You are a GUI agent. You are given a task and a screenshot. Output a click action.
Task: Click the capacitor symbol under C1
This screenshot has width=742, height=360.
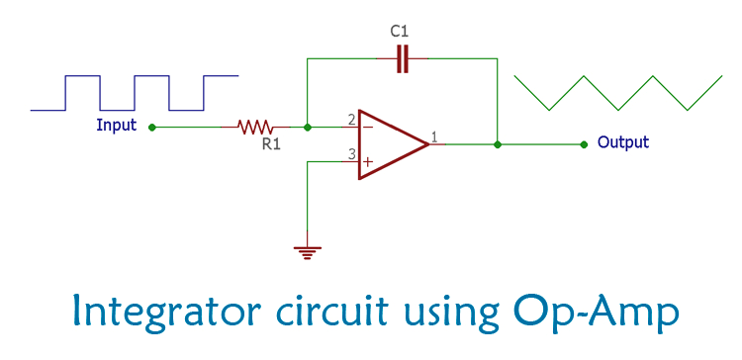coord(401,59)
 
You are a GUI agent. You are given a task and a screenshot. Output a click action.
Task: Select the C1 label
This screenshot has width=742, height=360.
coord(400,32)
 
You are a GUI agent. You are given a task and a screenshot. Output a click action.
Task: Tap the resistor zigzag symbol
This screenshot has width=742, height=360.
coord(256,127)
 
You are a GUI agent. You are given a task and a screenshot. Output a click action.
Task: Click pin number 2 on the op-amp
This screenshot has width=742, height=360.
coord(351,120)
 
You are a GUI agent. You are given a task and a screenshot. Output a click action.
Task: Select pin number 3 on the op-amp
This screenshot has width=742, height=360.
coord(351,154)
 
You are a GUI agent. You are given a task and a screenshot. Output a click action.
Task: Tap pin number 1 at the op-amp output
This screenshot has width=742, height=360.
coord(434,136)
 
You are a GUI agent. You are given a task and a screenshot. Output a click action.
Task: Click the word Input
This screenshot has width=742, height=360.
coord(117,126)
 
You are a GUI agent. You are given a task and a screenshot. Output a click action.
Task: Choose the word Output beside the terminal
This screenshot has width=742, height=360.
coord(623,142)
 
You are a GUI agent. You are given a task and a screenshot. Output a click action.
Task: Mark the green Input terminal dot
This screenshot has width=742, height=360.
coord(150,127)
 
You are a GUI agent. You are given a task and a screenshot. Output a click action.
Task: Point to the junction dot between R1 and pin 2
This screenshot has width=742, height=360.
coord(308,127)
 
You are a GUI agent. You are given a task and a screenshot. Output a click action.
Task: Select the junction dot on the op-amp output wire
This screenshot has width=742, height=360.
coord(497,144)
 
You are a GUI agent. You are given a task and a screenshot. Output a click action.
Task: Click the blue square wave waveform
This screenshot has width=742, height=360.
coord(135,91)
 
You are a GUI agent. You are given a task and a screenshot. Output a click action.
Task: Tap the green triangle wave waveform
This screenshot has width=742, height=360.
coord(617,92)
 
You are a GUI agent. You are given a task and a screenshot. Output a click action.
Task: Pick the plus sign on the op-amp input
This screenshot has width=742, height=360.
coord(368,161)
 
